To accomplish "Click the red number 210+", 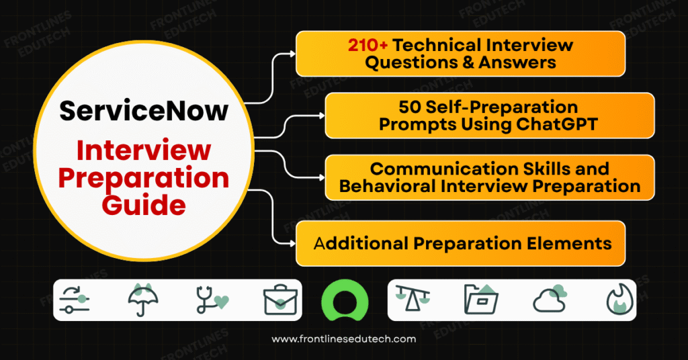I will [x=368, y=46].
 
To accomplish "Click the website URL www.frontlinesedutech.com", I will [x=343, y=340].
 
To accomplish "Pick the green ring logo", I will [x=345, y=300].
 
